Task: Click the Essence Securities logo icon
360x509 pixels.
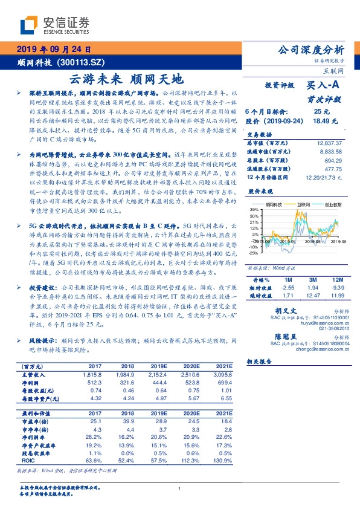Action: pyautogui.click(x=28, y=26)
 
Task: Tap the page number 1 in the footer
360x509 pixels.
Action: pyautogui.click(x=180, y=488)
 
